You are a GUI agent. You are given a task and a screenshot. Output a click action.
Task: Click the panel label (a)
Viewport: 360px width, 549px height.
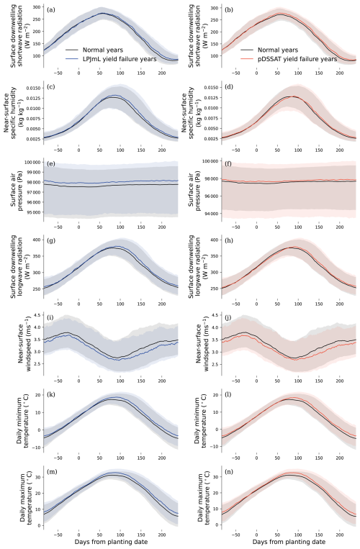coord(51,10)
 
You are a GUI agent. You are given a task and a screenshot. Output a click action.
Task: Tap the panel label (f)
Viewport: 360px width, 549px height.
coord(229,163)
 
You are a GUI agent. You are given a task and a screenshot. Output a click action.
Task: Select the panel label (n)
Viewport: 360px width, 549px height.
coord(229,471)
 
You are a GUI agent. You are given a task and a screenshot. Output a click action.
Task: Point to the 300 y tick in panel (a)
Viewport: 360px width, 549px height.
coord(37,7)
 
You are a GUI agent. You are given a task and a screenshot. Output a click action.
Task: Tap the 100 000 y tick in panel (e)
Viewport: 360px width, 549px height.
coord(32,162)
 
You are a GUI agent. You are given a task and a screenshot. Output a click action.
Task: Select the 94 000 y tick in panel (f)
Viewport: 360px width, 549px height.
coord(211,214)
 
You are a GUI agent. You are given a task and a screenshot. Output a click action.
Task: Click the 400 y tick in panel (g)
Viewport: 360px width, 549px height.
coord(37,240)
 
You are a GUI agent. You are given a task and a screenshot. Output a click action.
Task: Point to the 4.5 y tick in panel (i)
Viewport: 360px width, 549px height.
coord(38,314)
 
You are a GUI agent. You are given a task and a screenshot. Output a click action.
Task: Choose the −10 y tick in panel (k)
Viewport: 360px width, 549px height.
coord(37,448)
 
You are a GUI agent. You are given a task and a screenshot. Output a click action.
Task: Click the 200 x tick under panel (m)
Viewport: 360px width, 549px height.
coord(162,535)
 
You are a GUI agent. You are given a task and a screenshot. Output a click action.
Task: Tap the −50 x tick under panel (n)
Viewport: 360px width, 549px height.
coord(236,535)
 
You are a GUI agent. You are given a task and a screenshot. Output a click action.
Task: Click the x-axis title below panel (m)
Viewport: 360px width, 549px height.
coord(111,542)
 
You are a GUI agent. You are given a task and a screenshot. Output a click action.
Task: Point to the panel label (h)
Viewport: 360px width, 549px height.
coord(229,240)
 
